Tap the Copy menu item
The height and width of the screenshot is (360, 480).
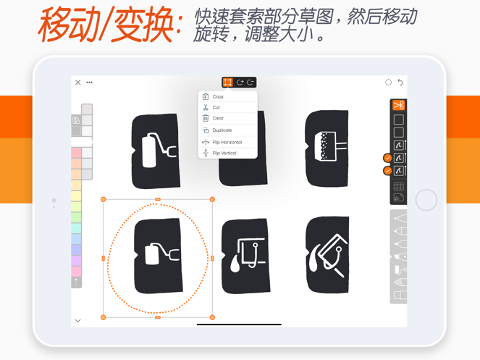[x=218, y=96]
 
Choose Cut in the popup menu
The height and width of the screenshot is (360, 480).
[x=216, y=107]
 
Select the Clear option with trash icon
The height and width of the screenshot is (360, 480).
[x=218, y=118]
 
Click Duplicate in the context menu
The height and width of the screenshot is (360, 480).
[x=222, y=130]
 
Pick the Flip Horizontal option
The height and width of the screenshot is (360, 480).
[x=227, y=142]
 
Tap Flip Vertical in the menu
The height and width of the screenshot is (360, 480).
[x=224, y=153]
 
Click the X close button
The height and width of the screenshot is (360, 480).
[x=77, y=82]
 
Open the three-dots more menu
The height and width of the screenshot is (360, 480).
[x=89, y=82]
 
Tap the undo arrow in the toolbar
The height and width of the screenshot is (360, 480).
[x=400, y=82]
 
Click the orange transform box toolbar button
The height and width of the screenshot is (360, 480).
[x=227, y=82]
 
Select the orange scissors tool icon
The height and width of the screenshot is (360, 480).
[x=399, y=105]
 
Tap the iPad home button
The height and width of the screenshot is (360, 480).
[x=426, y=200]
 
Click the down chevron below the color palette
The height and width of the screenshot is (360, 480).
[x=77, y=320]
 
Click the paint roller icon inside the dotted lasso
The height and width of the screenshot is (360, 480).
[x=161, y=254]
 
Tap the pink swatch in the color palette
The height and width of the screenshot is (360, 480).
[x=76, y=272]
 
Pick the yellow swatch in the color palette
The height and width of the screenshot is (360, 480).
[x=76, y=196]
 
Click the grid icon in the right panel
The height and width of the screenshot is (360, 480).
[x=399, y=186]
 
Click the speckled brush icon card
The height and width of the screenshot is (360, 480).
[x=327, y=148]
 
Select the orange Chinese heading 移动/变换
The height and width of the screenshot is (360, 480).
[x=110, y=24]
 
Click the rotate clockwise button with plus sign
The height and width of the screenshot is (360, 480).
[x=240, y=82]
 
